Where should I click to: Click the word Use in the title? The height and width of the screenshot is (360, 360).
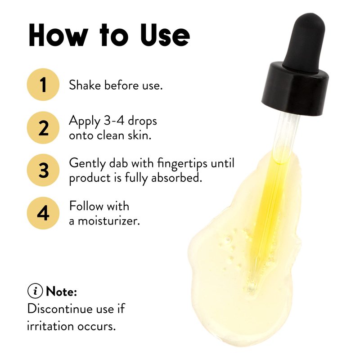tap(165, 35)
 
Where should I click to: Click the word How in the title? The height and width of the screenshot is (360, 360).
tap(58, 35)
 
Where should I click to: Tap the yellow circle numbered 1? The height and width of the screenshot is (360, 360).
tap(43, 85)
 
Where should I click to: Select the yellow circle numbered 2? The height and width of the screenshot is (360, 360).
tap(43, 128)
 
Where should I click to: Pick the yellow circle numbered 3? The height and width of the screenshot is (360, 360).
tap(43, 170)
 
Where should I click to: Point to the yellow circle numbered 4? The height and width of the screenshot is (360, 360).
tap(43, 213)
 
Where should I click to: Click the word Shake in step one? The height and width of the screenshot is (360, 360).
tap(85, 85)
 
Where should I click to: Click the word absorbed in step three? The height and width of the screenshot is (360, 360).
tap(176, 178)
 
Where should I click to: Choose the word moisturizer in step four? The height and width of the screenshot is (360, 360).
tap(109, 221)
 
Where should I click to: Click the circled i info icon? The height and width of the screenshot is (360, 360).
tap(35, 291)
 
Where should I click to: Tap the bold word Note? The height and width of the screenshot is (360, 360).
tap(61, 292)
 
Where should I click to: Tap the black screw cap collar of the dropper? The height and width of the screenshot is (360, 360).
tap(295, 89)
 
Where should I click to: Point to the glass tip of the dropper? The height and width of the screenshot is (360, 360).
tap(252, 287)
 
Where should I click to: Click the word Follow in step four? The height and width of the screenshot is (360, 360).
tap(86, 206)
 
